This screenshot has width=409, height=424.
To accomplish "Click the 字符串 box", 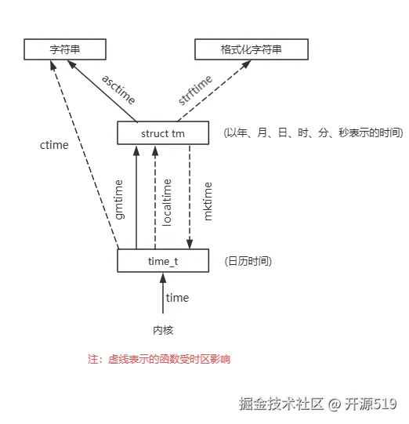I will click(65, 49).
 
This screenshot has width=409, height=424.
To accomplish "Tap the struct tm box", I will click(163, 133).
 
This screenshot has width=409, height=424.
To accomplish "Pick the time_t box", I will click(163, 260).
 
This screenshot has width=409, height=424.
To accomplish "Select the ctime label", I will click(54, 145).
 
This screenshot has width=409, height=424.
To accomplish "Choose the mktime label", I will click(208, 200).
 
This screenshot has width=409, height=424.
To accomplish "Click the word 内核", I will click(163, 330).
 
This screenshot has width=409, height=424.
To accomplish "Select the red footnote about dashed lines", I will click(159, 359).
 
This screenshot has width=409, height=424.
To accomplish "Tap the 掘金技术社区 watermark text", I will click(281, 404).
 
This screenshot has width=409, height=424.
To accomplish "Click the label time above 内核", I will click(177, 298).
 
